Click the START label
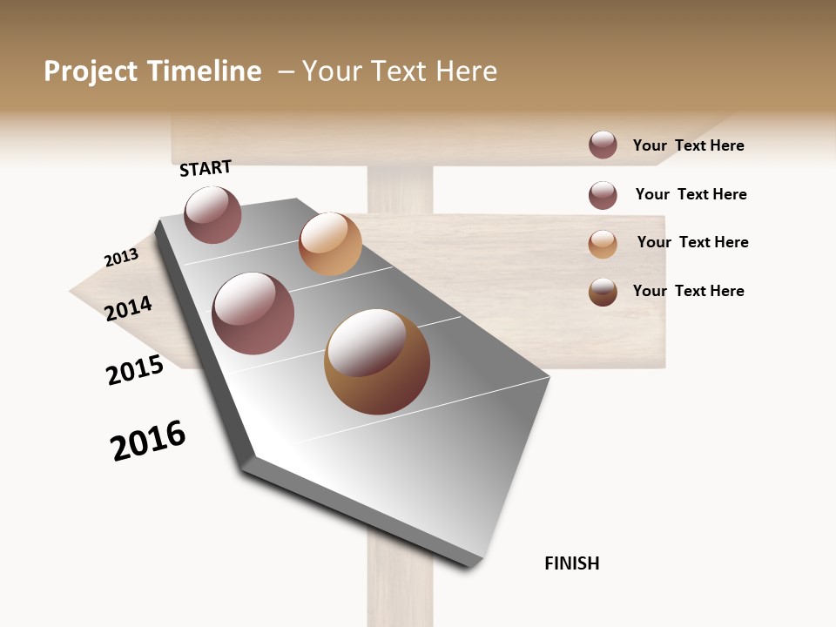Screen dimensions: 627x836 [206, 168]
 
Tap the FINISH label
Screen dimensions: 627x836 [572, 563]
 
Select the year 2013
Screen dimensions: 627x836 [121, 258]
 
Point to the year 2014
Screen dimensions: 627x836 [129, 308]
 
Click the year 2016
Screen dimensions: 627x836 [148, 441]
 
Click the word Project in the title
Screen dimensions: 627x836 [91, 71]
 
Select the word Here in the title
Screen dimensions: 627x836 [466, 71]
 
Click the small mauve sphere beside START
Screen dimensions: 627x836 [212, 215]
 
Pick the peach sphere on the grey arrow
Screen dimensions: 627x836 [330, 244]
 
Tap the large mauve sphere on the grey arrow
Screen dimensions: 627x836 [253, 313]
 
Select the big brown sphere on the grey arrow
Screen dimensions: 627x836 [377, 361]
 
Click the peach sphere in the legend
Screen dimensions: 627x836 [603, 244]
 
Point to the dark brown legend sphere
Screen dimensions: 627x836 [603, 292]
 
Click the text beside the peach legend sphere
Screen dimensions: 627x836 [692, 242]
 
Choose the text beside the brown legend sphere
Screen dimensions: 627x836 [688, 291]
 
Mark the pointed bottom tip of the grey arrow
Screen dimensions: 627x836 [475, 564]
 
